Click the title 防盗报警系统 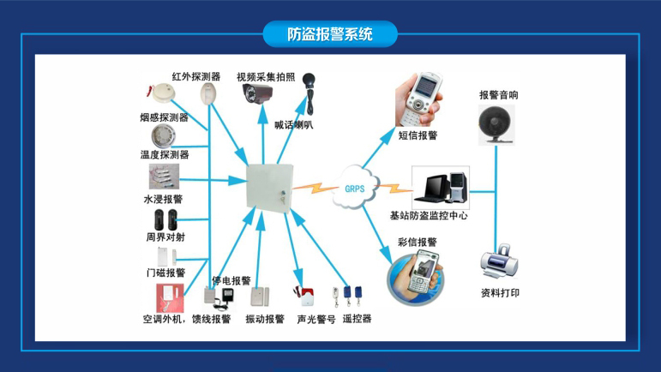coord(330,35)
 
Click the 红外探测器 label coord(196,76)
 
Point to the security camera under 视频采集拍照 coord(257,93)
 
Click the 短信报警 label coord(418,135)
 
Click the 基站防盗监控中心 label coord(429,216)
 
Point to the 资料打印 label coord(500,293)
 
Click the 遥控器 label coord(357,319)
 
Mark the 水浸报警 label coord(164,199)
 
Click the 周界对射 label coord(164,237)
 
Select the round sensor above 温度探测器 coord(161,137)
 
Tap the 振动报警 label coord(264,319)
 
